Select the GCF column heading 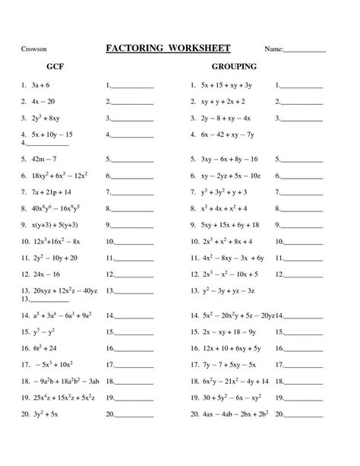[55, 68]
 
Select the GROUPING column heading [234, 68]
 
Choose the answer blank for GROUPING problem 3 [305, 119]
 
